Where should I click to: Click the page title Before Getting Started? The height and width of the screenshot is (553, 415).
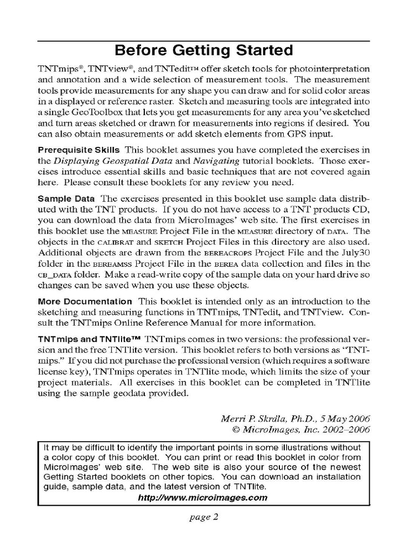tap(204, 51)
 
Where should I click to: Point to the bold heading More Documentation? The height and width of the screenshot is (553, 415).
tap(85, 301)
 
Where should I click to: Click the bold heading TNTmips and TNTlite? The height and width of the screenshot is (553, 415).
tap(89, 339)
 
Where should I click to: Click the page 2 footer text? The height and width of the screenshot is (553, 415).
tap(203, 517)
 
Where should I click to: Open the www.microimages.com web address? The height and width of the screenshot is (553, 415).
tap(203, 497)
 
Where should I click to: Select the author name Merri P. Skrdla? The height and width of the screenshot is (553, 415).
tap(252, 419)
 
